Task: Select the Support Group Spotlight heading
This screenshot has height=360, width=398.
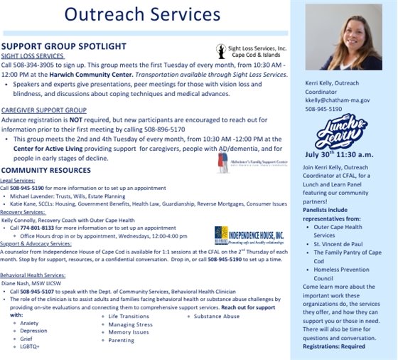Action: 63,45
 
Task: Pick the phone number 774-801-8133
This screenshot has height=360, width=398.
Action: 30,228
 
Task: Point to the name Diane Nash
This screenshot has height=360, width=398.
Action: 18,282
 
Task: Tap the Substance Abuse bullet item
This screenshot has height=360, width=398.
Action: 217,315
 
